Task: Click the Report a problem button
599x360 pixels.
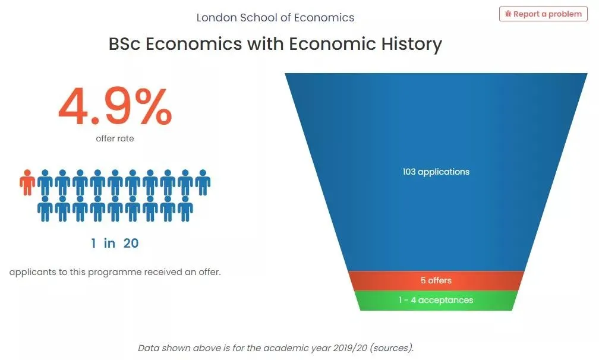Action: pyautogui.click(x=543, y=14)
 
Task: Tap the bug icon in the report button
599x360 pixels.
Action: pyautogui.click(x=507, y=14)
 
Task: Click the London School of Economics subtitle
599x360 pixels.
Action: pyautogui.click(x=275, y=18)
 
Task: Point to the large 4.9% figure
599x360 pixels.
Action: pyautogui.click(x=115, y=106)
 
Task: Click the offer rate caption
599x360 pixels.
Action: pyautogui.click(x=115, y=138)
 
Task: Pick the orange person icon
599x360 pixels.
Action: pyautogui.click(x=27, y=182)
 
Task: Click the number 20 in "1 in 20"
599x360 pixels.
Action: pyautogui.click(x=131, y=243)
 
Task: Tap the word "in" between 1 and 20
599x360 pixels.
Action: pyautogui.click(x=109, y=243)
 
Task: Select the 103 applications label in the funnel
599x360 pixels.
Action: pyautogui.click(x=436, y=172)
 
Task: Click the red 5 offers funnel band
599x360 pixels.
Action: pyautogui.click(x=436, y=280)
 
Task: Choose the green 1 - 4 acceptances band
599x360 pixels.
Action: pyautogui.click(x=436, y=301)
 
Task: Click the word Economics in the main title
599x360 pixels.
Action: pyautogui.click(x=194, y=44)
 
